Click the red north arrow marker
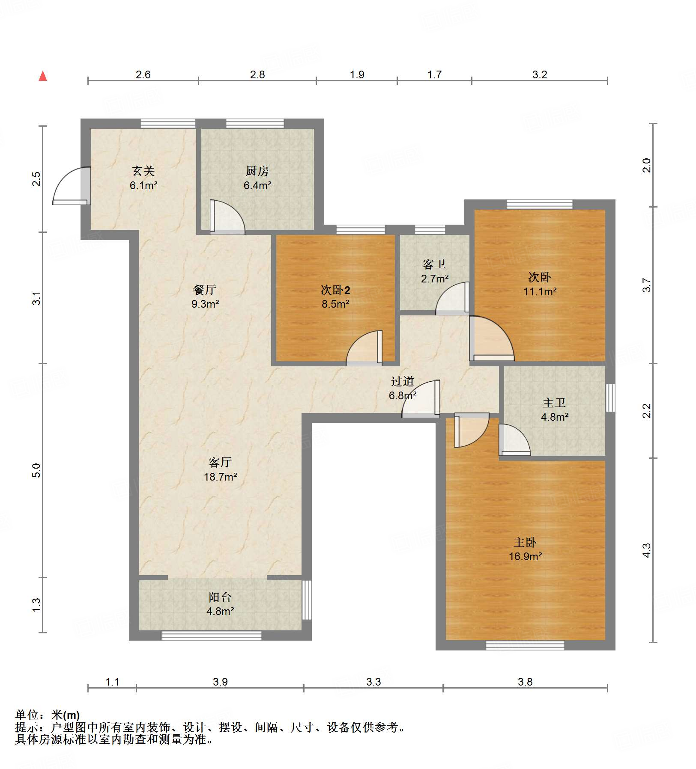pyautogui.click(x=43, y=76)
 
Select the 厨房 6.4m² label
pyautogui.click(x=257, y=178)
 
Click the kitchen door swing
pyautogui.click(x=227, y=217)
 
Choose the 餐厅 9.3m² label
pyautogui.click(x=205, y=297)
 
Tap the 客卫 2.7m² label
pyautogui.click(x=434, y=271)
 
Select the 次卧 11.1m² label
pyautogui.click(x=540, y=284)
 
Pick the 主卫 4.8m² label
pyautogui.click(x=554, y=410)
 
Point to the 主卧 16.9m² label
pyautogui.click(x=525, y=549)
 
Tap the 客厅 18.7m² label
pyautogui.click(x=220, y=469)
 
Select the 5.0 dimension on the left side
pyautogui.click(x=37, y=470)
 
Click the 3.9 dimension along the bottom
pyautogui.click(x=220, y=682)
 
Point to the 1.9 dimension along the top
pyautogui.click(x=357, y=74)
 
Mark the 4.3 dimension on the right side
pyautogui.click(x=646, y=550)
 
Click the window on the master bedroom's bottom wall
pyautogui.click(x=525, y=645)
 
